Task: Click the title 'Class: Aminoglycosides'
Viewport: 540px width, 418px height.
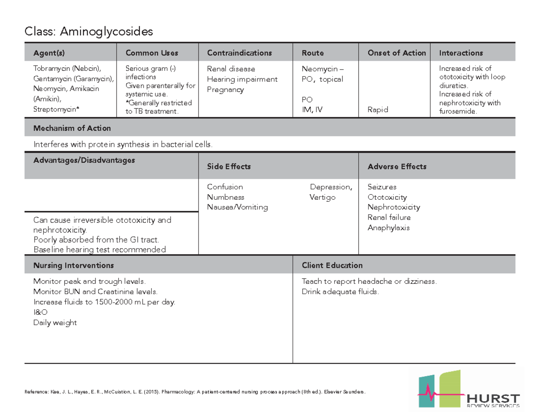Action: tap(89, 31)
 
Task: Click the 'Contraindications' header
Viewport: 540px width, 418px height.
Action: tap(239, 53)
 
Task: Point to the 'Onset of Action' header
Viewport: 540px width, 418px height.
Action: tap(396, 53)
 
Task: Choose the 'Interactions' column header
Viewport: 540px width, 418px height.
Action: tap(461, 53)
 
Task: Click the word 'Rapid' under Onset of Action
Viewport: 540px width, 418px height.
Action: tap(378, 110)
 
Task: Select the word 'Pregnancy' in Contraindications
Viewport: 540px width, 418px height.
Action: tap(225, 90)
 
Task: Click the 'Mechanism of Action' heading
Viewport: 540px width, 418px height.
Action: tap(72, 129)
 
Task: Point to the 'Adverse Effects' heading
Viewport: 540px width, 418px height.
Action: tap(397, 167)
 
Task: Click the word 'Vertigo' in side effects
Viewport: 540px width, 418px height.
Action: tap(322, 198)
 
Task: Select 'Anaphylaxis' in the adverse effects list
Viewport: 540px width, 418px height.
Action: tap(388, 228)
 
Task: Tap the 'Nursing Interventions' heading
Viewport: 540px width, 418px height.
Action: tap(73, 265)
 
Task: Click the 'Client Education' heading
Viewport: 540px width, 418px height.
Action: tap(332, 265)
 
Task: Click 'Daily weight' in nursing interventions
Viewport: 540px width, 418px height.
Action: tap(55, 322)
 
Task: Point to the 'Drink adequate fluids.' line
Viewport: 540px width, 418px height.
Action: tap(341, 292)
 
